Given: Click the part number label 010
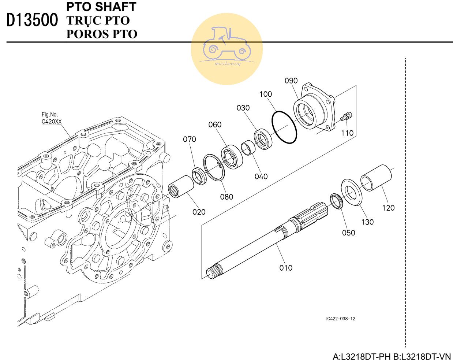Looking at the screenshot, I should click(x=286, y=268).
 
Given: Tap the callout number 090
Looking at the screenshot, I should click(x=291, y=81).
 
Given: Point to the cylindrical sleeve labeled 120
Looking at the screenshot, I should click(x=377, y=178).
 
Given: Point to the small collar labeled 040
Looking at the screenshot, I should click(x=248, y=148).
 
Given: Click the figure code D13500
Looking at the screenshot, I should click(x=33, y=21).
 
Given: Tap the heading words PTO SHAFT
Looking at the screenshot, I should click(x=101, y=7).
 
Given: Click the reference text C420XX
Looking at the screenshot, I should click(x=52, y=122).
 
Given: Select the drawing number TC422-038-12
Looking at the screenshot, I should click(x=340, y=318).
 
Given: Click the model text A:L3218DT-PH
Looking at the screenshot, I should click(x=362, y=356).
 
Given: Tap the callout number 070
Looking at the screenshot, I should click(x=190, y=139).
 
